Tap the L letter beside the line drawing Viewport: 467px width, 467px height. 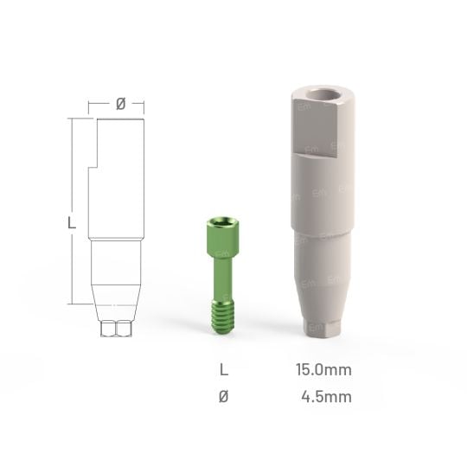coord(72,223)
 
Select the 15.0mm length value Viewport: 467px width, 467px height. coord(323,370)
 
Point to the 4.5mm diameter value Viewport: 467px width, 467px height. coord(326,397)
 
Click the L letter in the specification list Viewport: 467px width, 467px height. coord(225,370)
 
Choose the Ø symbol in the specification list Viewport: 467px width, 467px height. coord(225,397)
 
